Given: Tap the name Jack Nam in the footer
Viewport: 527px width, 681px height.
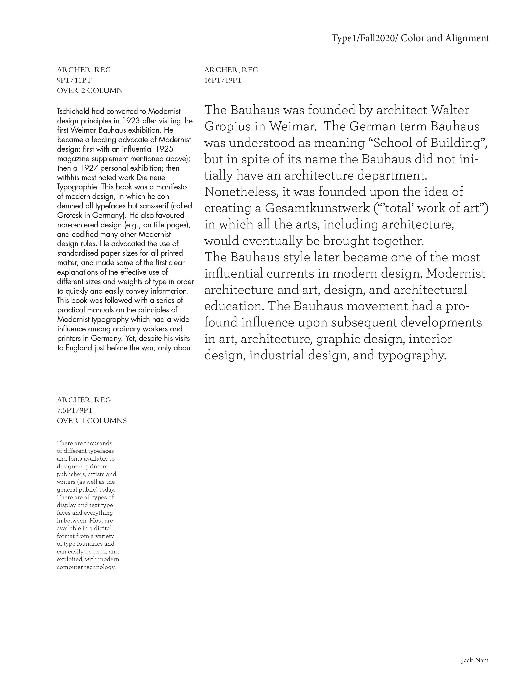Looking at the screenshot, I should [x=475, y=660].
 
